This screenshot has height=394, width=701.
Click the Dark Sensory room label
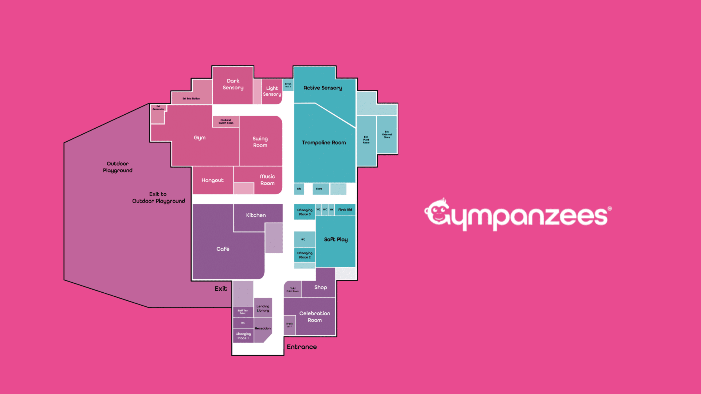233,84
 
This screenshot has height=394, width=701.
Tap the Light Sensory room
272,91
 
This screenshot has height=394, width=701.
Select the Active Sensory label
323,88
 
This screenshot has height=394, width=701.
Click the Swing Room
260,142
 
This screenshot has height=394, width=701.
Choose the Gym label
200,138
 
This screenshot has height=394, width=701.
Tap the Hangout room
212,180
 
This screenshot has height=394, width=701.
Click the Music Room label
267,180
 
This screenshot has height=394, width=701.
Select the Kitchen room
256,215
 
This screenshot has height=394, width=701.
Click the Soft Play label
336,239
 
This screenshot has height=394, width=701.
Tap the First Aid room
345,210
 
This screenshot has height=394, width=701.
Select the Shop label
321,287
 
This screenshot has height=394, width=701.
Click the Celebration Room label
315,316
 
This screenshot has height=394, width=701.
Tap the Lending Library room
263,308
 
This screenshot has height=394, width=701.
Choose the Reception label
263,329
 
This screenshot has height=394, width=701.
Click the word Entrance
302,347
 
